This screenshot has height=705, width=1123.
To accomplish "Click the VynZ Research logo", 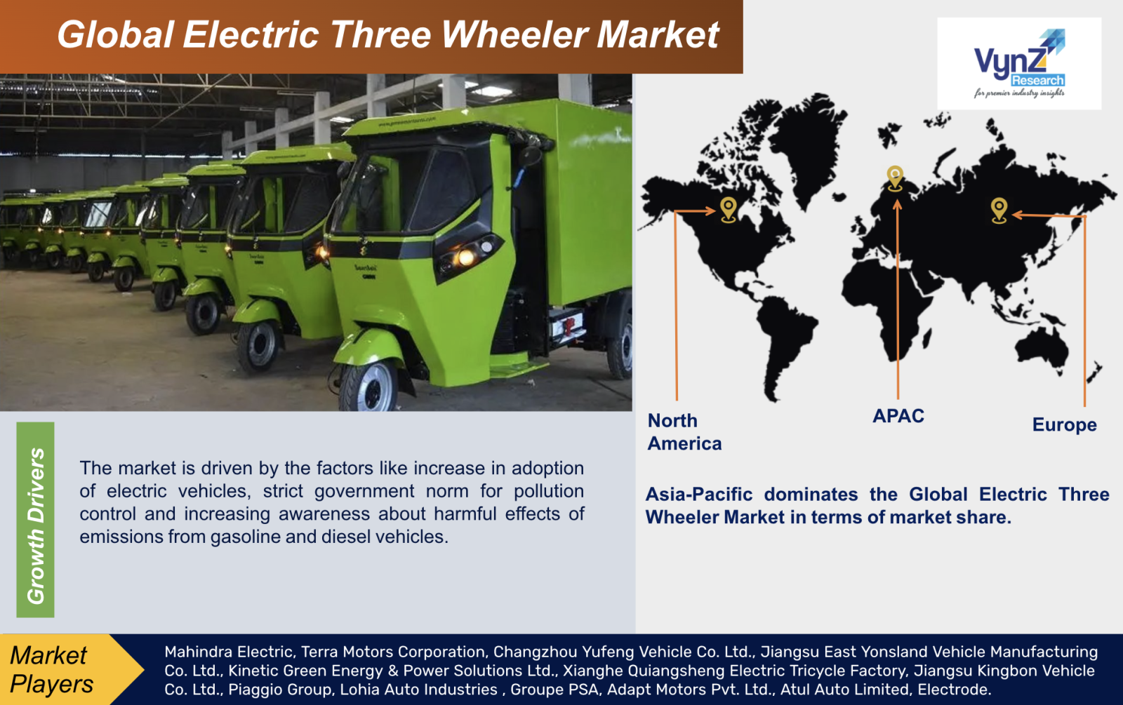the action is pyautogui.click(x=1019, y=64).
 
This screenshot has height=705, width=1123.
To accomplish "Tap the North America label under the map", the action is pyautogui.click(x=684, y=432).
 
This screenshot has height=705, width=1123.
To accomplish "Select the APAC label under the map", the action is pyautogui.click(x=898, y=416).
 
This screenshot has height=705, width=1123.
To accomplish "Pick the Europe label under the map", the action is pyautogui.click(x=1064, y=425).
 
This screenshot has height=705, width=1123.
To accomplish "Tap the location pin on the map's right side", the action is pyautogui.click(x=999, y=210).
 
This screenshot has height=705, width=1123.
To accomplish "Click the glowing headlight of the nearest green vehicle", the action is pyautogui.click(x=466, y=257).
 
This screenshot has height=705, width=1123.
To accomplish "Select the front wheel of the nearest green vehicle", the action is pyautogui.click(x=369, y=387).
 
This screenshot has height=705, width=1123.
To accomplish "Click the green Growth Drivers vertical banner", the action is pyautogui.click(x=35, y=520).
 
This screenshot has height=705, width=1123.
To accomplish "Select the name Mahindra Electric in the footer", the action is pyautogui.click(x=229, y=652).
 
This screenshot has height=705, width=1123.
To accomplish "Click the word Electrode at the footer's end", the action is pyautogui.click(x=954, y=690).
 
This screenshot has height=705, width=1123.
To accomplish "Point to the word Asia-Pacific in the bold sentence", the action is pyautogui.click(x=699, y=495).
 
